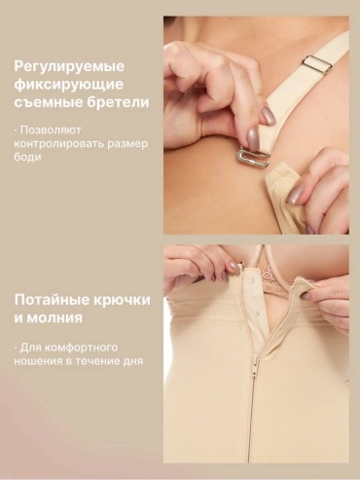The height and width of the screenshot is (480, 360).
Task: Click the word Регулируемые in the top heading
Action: point(69,67)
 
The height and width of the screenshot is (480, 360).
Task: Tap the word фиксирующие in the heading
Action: point(69,85)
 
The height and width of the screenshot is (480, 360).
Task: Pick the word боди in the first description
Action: point(27,157)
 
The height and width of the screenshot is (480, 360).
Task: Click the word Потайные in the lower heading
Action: point(52,300)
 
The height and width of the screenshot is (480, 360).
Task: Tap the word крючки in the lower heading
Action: point(123,301)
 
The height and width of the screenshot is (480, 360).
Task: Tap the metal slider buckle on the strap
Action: point(317,65)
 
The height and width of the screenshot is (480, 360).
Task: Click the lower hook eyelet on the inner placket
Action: point(257,314)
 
